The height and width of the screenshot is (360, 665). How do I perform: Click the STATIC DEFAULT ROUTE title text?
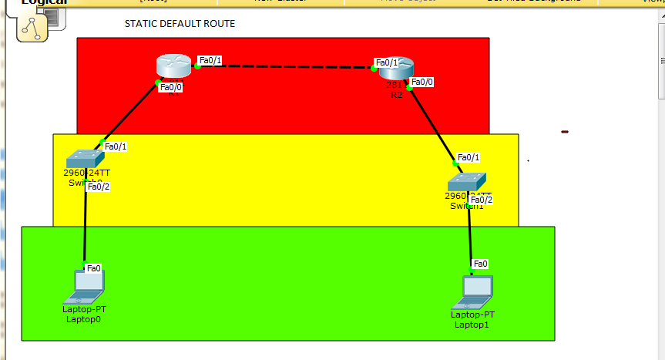point(180,24)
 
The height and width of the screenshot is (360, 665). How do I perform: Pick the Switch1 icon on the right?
point(467,182)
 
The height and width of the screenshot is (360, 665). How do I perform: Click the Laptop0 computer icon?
point(85,286)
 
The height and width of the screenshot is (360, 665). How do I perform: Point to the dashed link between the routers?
point(285,67)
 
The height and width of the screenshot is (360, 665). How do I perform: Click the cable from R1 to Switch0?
point(129,114)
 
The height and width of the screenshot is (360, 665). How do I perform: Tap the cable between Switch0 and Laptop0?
point(86,227)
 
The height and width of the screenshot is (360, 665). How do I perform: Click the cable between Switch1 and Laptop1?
point(470,235)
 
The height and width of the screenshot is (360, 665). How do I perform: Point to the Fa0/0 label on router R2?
point(422,82)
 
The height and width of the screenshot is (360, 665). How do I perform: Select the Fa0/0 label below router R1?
point(171,87)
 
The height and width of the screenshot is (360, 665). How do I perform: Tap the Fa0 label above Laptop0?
point(94,268)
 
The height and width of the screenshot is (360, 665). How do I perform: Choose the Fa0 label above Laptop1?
point(480,264)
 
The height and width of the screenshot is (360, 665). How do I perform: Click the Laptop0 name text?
point(84,318)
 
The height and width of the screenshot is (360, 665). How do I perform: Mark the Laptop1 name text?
point(472,325)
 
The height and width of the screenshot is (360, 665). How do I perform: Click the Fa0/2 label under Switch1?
point(482,200)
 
